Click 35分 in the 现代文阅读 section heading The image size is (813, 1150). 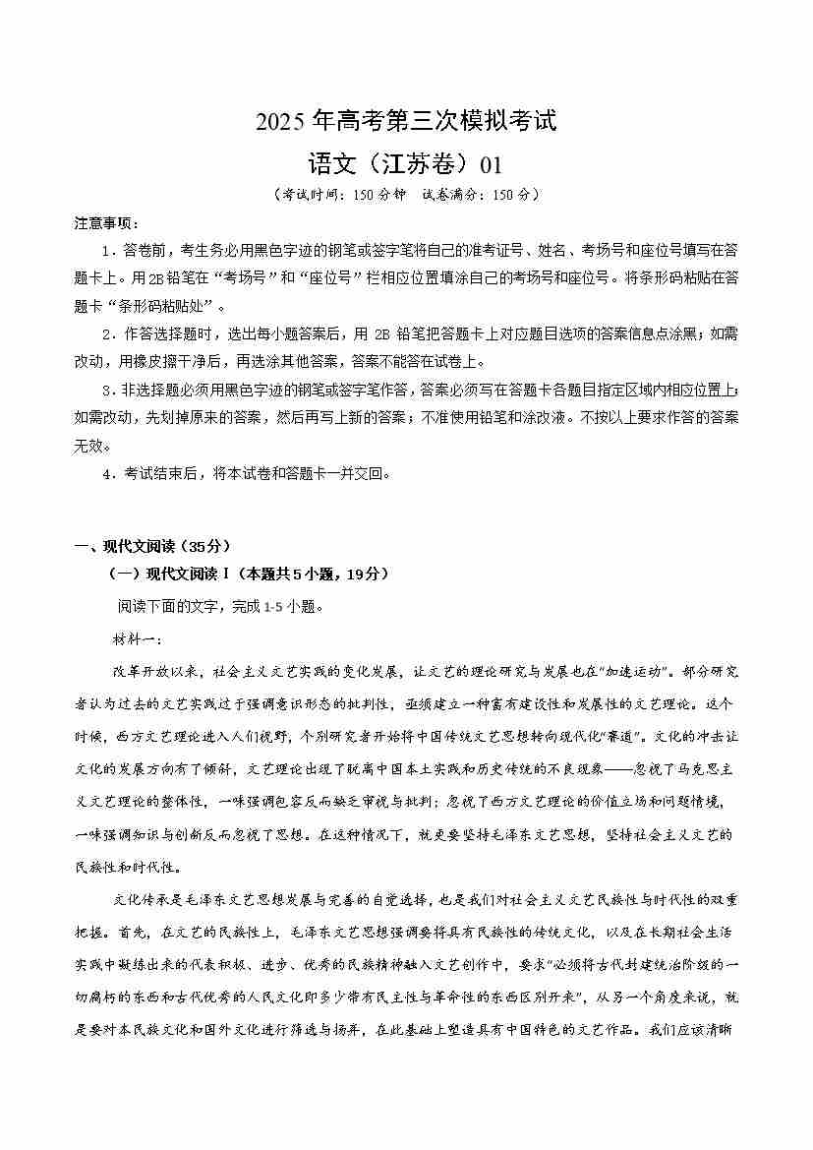[x=208, y=547]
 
